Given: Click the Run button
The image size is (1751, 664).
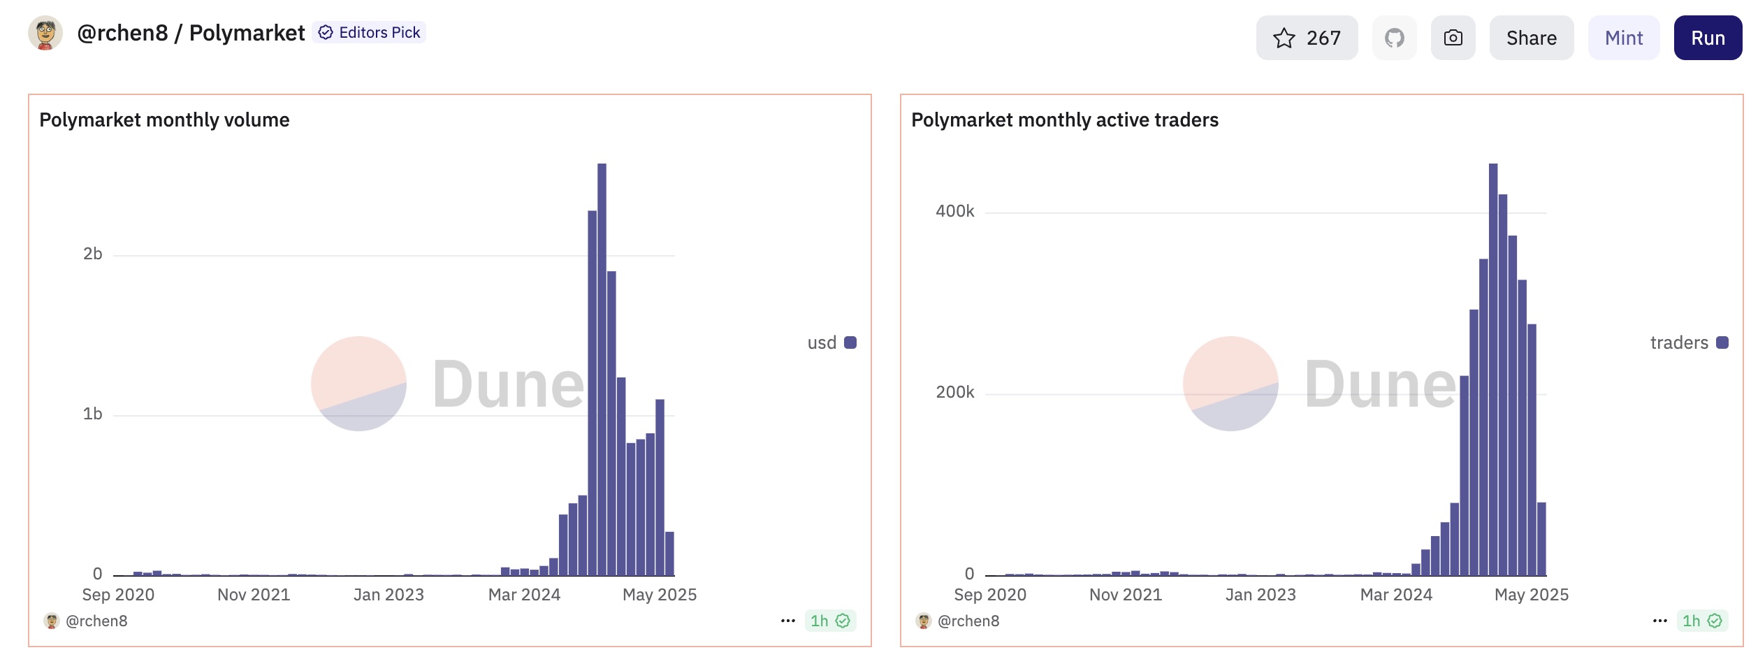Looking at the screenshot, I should [x=1707, y=38].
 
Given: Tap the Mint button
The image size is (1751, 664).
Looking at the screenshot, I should [x=1623, y=38].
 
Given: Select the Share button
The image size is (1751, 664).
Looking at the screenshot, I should [x=1531, y=38].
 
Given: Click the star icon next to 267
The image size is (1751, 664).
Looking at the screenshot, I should [x=1284, y=38].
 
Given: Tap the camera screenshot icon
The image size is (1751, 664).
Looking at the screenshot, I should [x=1453, y=38].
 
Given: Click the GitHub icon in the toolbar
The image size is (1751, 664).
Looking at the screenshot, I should [x=1394, y=38].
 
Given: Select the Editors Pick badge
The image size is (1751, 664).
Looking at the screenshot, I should [x=370, y=33].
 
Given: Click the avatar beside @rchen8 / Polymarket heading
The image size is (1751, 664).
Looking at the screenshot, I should [x=45, y=33].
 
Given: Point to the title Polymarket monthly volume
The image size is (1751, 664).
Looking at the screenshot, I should [x=164, y=120].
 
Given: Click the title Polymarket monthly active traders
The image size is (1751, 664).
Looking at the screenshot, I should [x=1064, y=120].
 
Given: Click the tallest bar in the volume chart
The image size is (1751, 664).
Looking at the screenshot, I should [x=602, y=370].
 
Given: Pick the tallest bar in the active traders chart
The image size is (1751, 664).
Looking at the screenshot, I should [x=1492, y=370].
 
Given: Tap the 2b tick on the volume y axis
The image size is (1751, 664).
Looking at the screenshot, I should [x=93, y=254].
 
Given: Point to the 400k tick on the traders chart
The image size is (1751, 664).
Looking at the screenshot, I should [x=954, y=211].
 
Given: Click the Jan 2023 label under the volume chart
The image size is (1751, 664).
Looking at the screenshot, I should [x=388, y=595].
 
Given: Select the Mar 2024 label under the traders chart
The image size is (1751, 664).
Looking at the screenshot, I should [x=1396, y=595].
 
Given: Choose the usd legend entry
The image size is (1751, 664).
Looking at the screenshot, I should [x=831, y=342].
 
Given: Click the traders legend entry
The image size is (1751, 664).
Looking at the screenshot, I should [x=1688, y=342].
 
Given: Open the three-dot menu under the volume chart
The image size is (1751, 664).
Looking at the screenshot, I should [x=788, y=621].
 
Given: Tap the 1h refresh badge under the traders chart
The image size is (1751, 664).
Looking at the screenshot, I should [x=1701, y=621].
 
